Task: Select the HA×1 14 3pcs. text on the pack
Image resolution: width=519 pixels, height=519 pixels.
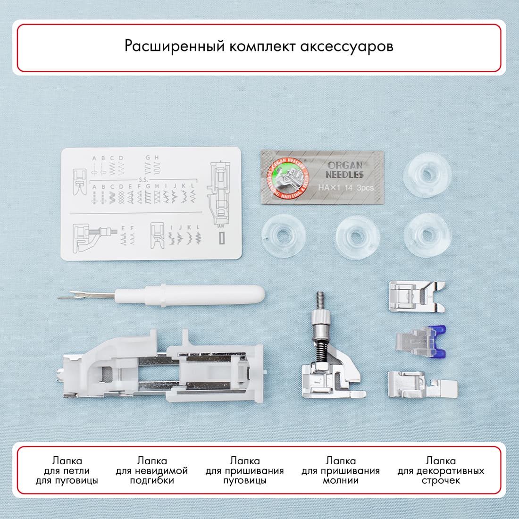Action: point(346,188)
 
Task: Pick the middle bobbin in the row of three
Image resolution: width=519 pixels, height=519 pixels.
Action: point(357,234)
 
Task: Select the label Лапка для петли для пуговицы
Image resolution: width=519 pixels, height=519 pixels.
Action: point(67,470)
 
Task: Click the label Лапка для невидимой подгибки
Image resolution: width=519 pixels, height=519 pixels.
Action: point(152,470)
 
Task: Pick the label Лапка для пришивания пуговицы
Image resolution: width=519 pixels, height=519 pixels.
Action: point(244,470)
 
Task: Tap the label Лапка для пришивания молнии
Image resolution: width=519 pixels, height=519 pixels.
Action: point(341,470)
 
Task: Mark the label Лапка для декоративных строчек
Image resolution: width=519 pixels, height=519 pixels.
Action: point(441,470)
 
